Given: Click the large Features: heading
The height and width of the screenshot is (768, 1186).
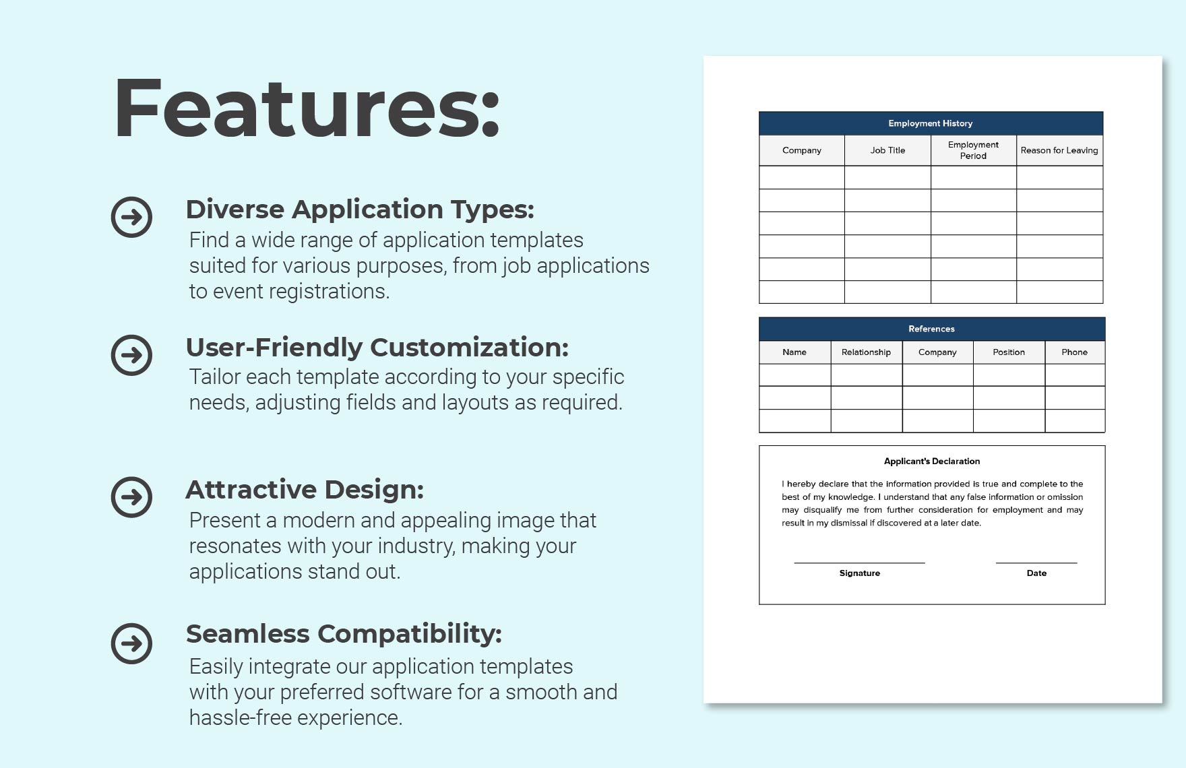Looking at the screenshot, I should point(307,109).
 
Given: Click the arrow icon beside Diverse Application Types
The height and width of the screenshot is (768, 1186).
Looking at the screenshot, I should point(131,217).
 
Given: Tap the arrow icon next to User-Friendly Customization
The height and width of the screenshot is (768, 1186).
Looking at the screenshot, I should point(131,355).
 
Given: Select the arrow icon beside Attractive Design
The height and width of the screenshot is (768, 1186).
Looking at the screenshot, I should point(131,497).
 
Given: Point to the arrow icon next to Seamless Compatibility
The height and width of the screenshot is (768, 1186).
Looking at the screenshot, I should point(131,643).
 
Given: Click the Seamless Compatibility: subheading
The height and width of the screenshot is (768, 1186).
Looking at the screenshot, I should point(344,634).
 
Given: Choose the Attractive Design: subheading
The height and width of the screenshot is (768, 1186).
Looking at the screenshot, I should point(305,490).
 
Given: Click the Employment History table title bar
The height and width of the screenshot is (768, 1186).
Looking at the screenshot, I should point(930,123).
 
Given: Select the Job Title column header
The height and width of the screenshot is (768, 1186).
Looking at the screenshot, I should point(887,150).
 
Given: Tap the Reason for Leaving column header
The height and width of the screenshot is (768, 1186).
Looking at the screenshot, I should point(1059,150).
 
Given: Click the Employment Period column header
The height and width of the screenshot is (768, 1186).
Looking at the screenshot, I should point(973,150).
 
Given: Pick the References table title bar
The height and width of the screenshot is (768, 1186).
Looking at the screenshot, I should point(931,329).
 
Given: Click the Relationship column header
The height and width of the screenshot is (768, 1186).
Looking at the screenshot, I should point(866,352).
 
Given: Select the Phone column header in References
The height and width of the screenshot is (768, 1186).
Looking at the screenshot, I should point(1074,352).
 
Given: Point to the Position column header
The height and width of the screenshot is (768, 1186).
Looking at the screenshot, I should point(1008,352).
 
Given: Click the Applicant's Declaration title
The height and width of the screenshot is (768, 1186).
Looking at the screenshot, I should point(931,461).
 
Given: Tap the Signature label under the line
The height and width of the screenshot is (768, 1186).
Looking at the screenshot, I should point(859,573).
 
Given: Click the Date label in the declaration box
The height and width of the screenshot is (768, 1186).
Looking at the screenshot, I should point(1036,573).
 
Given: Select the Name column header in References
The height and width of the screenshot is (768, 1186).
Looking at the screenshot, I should point(794,352).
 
